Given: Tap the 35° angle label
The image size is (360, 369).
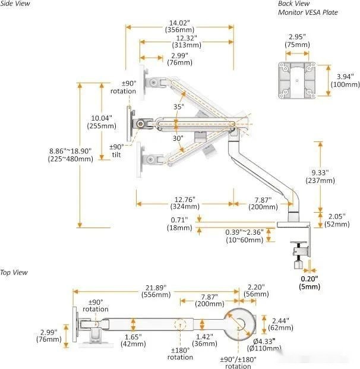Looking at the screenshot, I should coord(179,107).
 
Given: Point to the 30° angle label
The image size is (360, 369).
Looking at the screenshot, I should coord(178,138).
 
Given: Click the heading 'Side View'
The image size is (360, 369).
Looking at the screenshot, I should coord(14,4).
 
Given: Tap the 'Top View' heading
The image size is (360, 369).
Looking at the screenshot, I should coord(14,272).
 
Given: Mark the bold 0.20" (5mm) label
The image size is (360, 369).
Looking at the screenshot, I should coord(310,282).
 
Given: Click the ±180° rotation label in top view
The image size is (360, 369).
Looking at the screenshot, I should coord(179,354).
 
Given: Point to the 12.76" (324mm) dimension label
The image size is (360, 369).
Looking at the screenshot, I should coord(183,203).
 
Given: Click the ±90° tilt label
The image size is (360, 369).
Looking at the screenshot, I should coord(116,151).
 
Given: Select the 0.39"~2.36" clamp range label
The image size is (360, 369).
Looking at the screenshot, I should coord(244,235).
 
